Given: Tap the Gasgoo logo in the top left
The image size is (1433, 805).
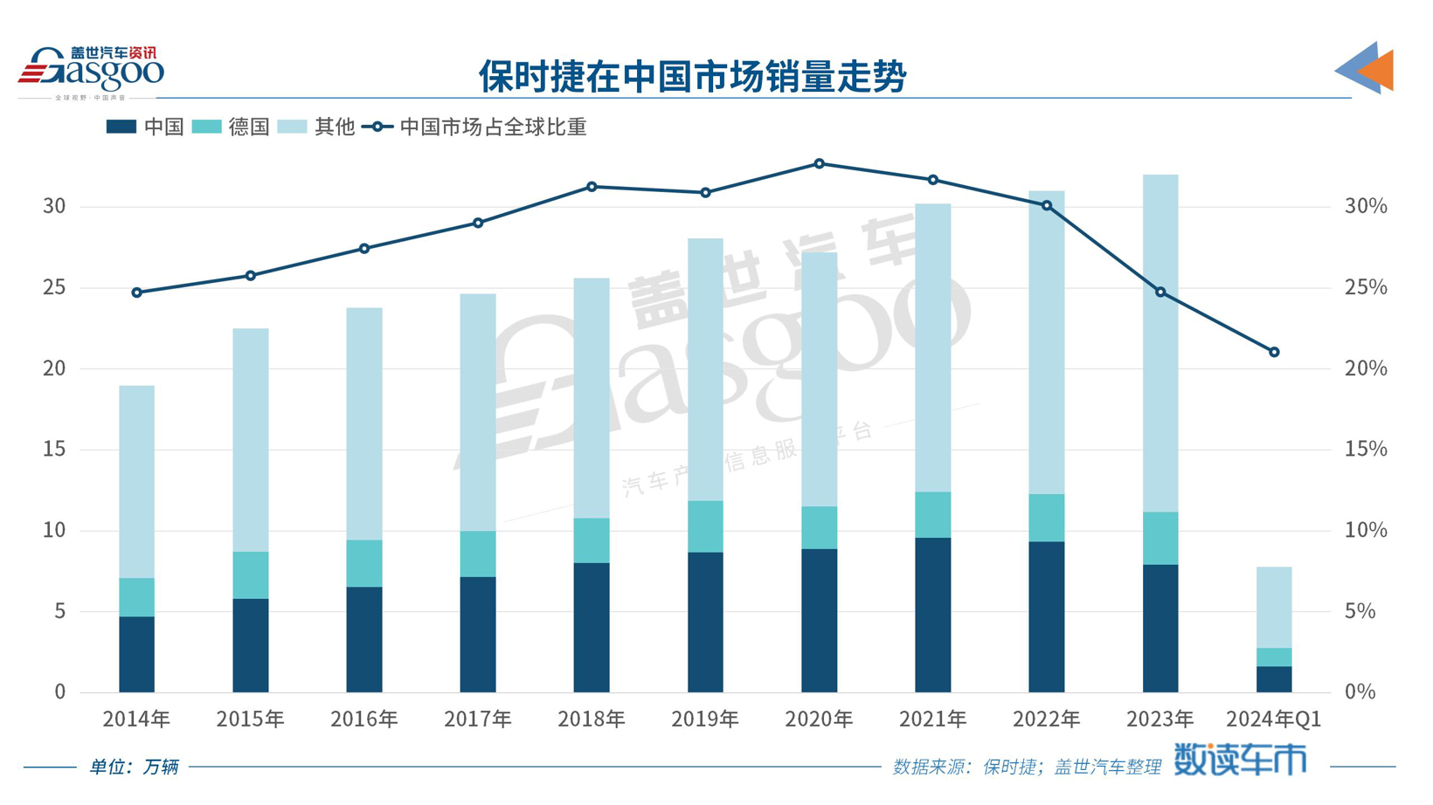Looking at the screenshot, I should point(91,70).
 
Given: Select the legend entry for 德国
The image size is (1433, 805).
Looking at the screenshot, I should point(232,127).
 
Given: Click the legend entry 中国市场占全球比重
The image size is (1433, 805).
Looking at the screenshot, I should point(476,127).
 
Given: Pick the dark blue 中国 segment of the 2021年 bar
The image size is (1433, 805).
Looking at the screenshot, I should point(932,615).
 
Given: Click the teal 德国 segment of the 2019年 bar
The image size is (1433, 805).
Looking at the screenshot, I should point(705,526).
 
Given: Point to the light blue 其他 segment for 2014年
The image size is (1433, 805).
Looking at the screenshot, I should point(137,481).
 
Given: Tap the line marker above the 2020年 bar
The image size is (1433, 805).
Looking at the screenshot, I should point(819,164).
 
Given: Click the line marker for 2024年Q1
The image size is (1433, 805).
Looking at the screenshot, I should point(1273,353).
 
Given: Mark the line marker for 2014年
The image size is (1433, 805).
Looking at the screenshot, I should point(137,293).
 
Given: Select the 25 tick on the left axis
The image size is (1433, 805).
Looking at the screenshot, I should point(54,287).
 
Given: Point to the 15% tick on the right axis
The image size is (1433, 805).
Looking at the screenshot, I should point(1365,449).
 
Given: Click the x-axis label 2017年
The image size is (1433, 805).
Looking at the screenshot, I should point(478,719).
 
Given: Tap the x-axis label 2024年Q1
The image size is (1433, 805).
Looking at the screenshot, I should point(1273,719).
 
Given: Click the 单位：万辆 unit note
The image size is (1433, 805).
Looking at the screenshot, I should point(135,767).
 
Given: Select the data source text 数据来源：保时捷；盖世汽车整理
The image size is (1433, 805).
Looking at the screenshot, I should point(1026,767).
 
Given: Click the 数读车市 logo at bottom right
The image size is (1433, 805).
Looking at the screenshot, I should point(1239,760).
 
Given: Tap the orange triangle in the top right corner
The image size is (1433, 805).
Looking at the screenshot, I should point(1379,70).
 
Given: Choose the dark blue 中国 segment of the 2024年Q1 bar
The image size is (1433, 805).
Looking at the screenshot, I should point(1273,679).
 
